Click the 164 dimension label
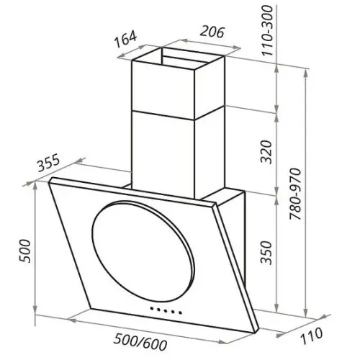point(125,38)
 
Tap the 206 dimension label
point(212,32)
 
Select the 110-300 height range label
point(267,30)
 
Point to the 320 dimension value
point(267,152)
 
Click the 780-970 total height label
point(295,194)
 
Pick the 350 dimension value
point(267,253)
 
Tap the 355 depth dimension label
point(48,163)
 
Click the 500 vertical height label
point(25,251)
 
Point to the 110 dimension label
point(311,335)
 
